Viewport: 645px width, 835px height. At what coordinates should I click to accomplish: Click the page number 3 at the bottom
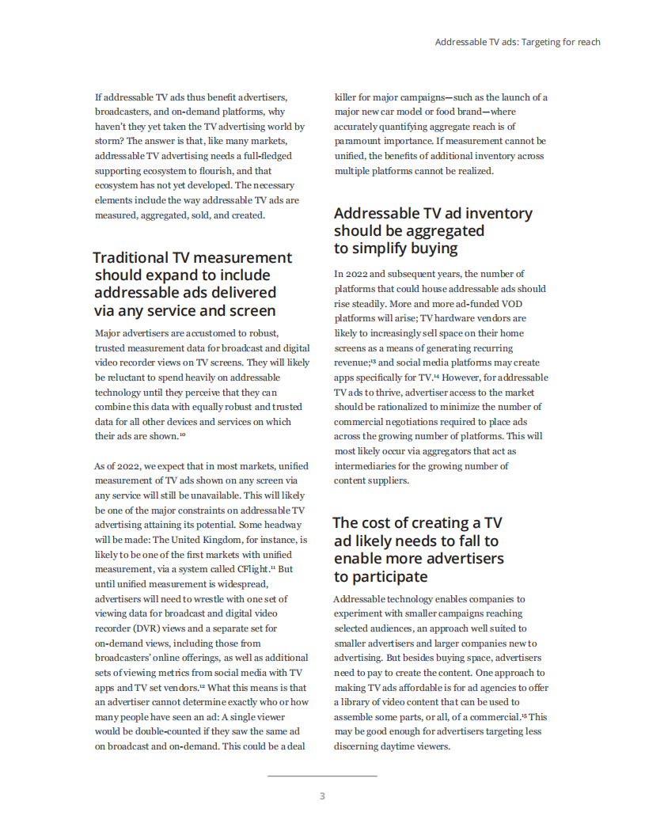[x=322, y=796]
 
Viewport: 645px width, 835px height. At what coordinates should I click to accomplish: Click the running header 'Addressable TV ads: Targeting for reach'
[x=518, y=42]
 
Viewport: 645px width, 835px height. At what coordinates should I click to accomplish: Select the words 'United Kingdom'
[x=252, y=539]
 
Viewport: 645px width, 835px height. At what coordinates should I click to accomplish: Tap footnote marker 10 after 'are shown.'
[x=182, y=435]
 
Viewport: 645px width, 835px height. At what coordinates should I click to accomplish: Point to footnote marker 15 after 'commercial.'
[x=524, y=715]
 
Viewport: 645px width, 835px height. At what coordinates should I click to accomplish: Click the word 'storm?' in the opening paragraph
[x=109, y=141]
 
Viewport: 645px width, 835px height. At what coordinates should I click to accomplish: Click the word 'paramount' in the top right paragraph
[x=356, y=141]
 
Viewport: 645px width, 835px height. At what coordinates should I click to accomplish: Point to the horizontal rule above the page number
[x=322, y=776]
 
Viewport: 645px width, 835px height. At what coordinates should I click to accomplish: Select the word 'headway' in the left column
[x=283, y=524]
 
